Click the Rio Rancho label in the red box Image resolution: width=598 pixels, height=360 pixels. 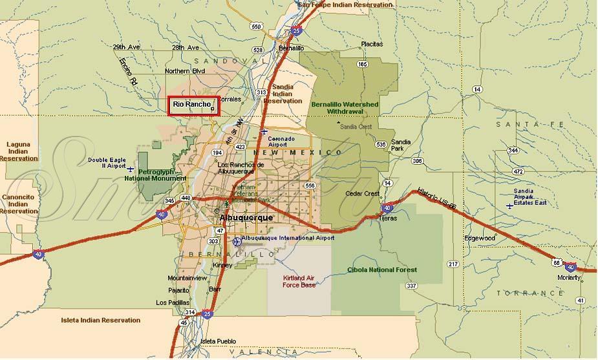[192, 105]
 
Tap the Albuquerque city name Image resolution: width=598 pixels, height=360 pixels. [247, 218]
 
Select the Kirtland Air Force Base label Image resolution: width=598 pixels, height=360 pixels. [299, 281]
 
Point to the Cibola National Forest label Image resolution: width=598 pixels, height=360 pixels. [382, 270]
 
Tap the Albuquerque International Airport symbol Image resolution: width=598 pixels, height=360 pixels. [237, 241]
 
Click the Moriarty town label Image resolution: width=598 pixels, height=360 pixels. [569, 277]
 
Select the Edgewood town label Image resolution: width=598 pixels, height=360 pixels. [479, 238]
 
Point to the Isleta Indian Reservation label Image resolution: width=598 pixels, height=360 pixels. [100, 320]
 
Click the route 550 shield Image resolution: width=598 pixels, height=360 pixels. [257, 26]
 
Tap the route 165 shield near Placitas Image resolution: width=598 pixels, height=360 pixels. [362, 64]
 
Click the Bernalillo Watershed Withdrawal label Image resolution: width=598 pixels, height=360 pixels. [345, 107]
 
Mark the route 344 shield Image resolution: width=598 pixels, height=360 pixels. [513, 150]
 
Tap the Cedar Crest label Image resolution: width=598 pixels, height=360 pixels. [363, 193]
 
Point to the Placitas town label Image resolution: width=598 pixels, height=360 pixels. [372, 44]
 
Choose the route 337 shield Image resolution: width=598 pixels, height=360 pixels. [411, 285]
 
